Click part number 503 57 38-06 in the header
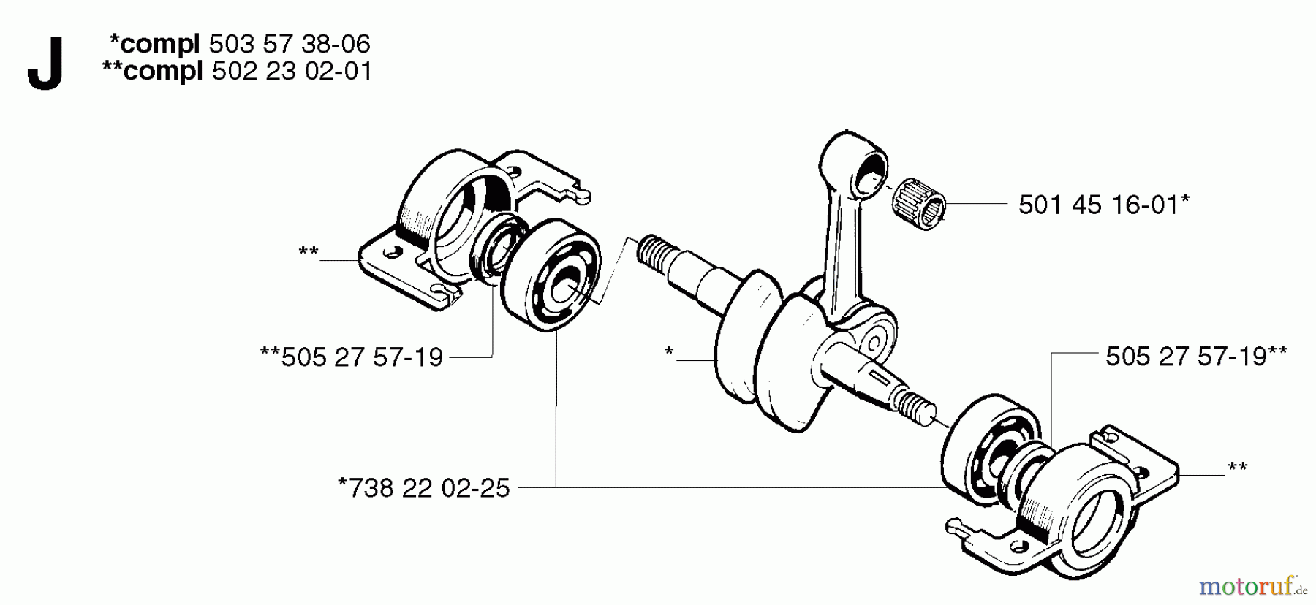pyautogui.click(x=290, y=45)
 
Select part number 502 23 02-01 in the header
pyautogui.click(x=292, y=72)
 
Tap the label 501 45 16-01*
pyautogui.click(x=1103, y=205)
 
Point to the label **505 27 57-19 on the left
pyautogui.click(x=352, y=357)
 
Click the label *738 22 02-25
pyautogui.click(x=424, y=487)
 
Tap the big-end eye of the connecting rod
pyautogui.click(x=874, y=340)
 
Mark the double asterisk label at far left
pyautogui.click(x=309, y=253)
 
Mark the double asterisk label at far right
pyautogui.click(x=1237, y=468)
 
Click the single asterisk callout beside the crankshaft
pyautogui.click(x=669, y=353)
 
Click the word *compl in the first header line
pyautogui.click(x=154, y=45)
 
